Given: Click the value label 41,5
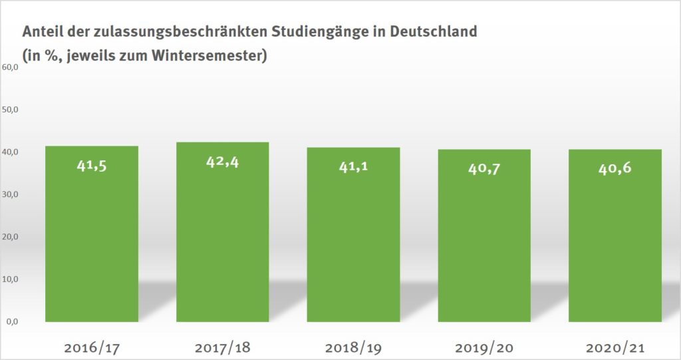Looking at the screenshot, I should tap(91, 165).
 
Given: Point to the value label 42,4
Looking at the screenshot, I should tap(222, 162).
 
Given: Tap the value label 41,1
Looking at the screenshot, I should tap(353, 166).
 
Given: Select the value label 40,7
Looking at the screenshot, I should tap(484, 168).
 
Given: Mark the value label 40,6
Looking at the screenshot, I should tap(615, 168).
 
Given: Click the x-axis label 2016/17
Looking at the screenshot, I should tap(91, 347).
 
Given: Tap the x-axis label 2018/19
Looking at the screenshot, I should tap(353, 347).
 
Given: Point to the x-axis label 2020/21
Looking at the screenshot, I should tap(615, 347).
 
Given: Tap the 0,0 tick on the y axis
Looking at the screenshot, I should tap(12, 321).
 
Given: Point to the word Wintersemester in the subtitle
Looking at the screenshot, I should tap(212, 56).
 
